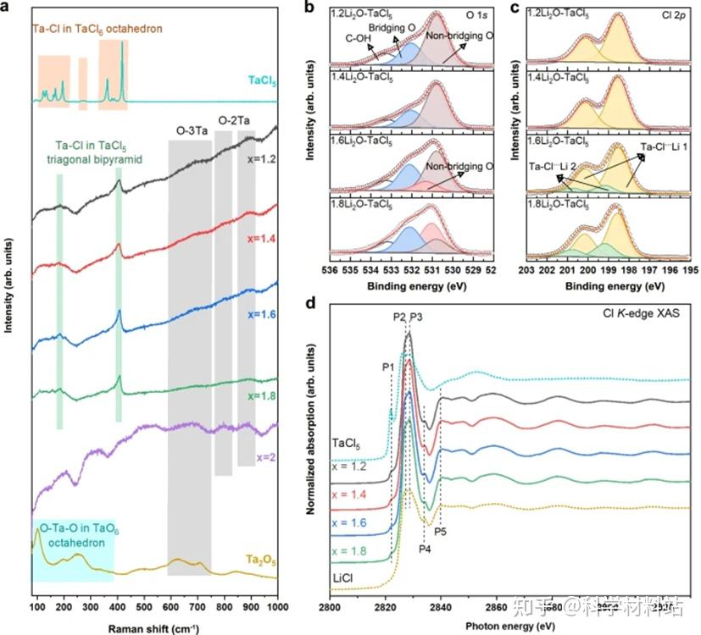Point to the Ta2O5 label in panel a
(260, 560)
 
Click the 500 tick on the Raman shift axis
(144, 609)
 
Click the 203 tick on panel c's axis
(526, 270)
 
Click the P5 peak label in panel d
(441, 532)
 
